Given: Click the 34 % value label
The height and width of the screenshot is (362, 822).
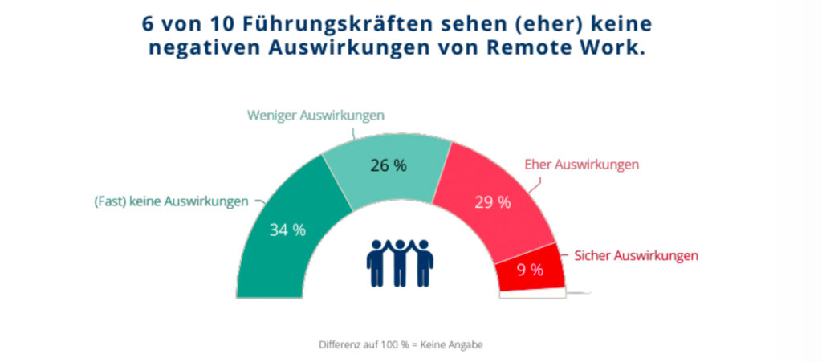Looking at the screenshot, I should [287, 230].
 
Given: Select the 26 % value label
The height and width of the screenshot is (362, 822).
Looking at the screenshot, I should [388, 165].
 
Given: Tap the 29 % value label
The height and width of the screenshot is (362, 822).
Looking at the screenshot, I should [492, 202].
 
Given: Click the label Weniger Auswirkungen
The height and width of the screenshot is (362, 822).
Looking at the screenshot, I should [315, 116].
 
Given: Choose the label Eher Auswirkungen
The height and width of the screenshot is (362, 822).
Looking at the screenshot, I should [581, 164].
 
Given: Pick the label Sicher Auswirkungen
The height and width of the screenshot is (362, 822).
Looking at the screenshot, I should [636, 256].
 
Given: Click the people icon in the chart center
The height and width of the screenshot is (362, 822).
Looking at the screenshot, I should [399, 260].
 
